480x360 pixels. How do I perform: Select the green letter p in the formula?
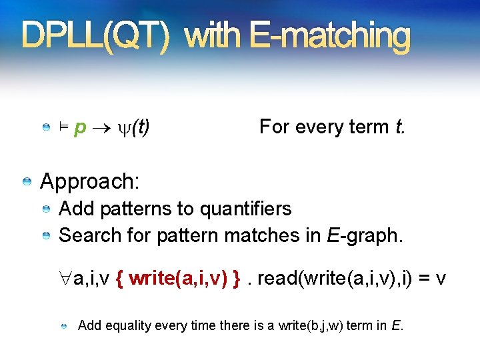click(x=80, y=127)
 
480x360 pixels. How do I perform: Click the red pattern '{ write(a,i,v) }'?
click(x=178, y=279)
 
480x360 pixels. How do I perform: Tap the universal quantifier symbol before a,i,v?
click(x=66, y=279)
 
